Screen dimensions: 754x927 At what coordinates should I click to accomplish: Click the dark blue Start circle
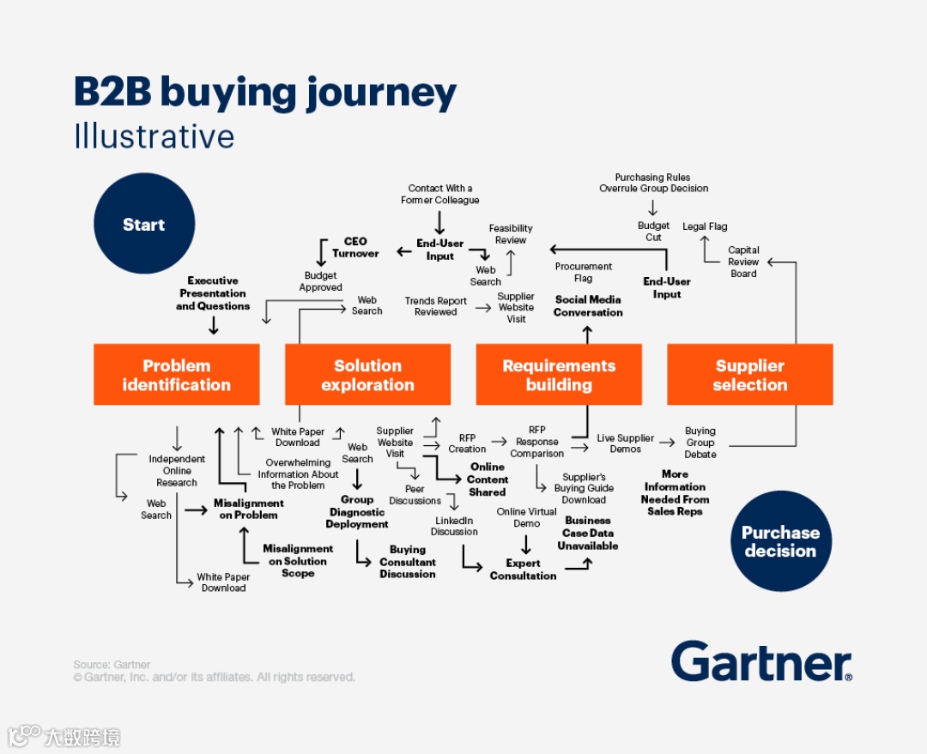click(143, 225)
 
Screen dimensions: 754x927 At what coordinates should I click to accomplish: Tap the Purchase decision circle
click(780, 541)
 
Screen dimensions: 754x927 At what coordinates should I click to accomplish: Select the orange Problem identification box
click(176, 375)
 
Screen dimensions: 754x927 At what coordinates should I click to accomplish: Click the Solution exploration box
click(367, 375)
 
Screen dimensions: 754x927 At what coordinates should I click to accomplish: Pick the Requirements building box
click(559, 375)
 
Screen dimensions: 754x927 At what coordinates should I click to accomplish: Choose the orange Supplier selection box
click(749, 375)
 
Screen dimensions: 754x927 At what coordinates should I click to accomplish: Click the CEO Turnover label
click(355, 248)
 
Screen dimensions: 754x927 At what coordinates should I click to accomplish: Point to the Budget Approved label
click(322, 281)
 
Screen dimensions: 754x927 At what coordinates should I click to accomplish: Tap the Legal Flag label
click(705, 226)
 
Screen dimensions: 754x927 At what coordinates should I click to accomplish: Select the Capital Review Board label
click(743, 262)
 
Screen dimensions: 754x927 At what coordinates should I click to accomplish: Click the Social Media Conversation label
click(588, 306)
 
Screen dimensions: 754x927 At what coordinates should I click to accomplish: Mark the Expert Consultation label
click(523, 570)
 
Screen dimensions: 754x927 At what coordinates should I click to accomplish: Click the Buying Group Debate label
click(700, 443)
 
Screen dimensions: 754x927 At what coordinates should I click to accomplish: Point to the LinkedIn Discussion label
click(454, 526)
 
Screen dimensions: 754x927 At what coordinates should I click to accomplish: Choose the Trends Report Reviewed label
click(436, 306)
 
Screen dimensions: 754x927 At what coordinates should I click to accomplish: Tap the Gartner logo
click(761, 662)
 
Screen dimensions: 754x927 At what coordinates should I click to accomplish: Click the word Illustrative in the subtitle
click(154, 136)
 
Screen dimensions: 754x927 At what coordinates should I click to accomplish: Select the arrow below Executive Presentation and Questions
click(214, 325)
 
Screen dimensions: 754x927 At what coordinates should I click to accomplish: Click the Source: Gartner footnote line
click(112, 665)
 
